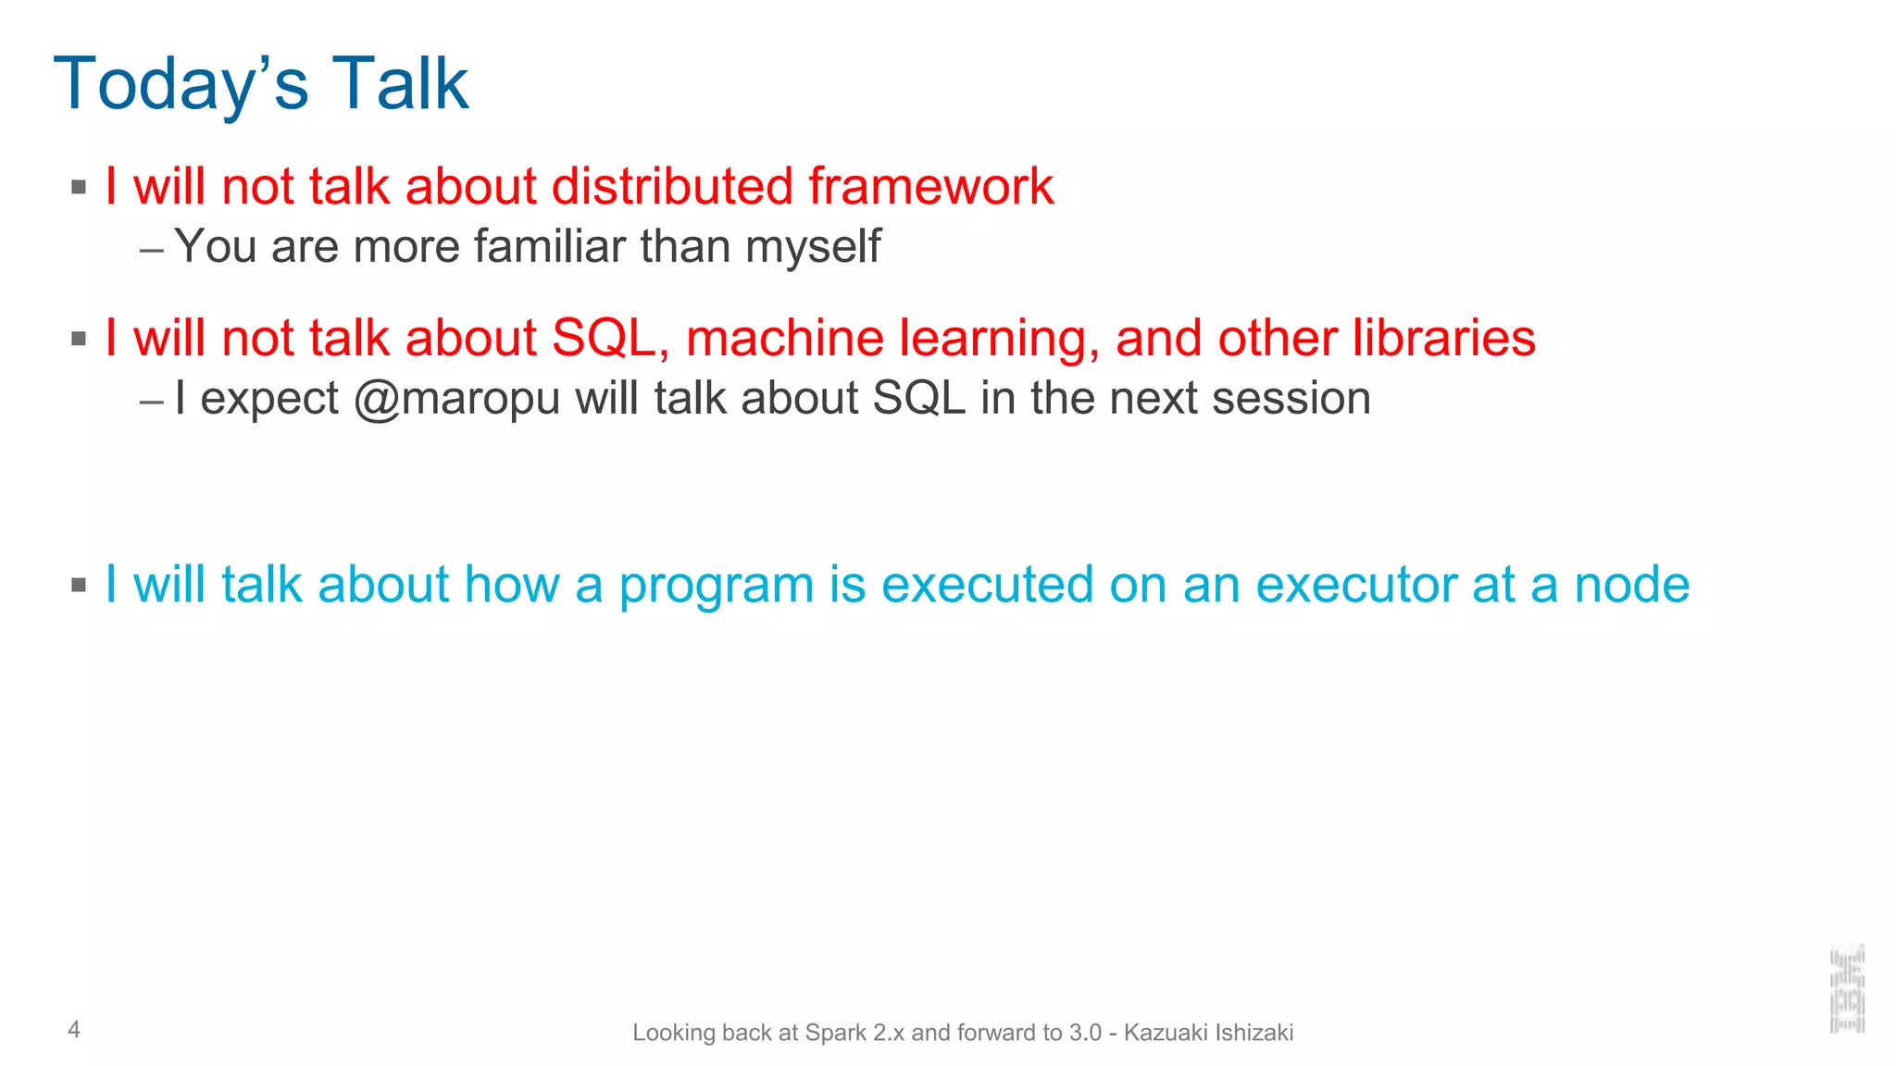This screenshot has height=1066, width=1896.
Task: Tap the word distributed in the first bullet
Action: (x=672, y=187)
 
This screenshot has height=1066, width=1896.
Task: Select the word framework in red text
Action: (x=930, y=187)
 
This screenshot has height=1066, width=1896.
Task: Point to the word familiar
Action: (x=550, y=247)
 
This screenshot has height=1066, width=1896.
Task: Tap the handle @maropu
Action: (x=457, y=399)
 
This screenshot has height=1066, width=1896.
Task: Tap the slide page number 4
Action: (x=74, y=1029)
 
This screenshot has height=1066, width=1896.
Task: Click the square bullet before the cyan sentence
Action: (x=79, y=585)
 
